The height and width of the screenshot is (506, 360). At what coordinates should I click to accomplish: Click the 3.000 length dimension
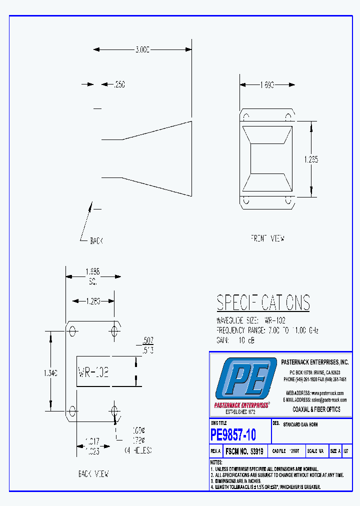(142, 49)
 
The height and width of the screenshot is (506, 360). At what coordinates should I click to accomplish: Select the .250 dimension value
(119, 84)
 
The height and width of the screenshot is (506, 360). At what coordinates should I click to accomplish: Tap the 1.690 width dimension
(266, 84)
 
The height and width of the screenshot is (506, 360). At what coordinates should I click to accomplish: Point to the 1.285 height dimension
(311, 159)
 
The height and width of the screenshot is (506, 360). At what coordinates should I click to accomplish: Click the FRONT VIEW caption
(267, 238)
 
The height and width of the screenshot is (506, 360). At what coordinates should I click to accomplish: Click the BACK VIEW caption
(93, 473)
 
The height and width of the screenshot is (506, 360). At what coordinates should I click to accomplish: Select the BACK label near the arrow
(96, 241)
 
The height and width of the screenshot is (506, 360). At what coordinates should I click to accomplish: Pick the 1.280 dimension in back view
(93, 301)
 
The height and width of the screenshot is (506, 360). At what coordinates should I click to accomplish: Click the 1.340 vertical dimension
(50, 372)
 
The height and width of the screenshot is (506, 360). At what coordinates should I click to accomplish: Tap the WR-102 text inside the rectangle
(93, 372)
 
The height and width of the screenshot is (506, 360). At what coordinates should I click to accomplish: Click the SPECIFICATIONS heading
(263, 303)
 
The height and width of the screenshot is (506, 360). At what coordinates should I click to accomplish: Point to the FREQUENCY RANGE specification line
(267, 330)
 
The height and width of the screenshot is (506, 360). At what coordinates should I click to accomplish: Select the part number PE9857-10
(233, 435)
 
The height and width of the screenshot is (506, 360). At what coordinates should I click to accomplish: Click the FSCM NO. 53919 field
(245, 451)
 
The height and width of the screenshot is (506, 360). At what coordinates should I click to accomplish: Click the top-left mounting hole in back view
(73, 331)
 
